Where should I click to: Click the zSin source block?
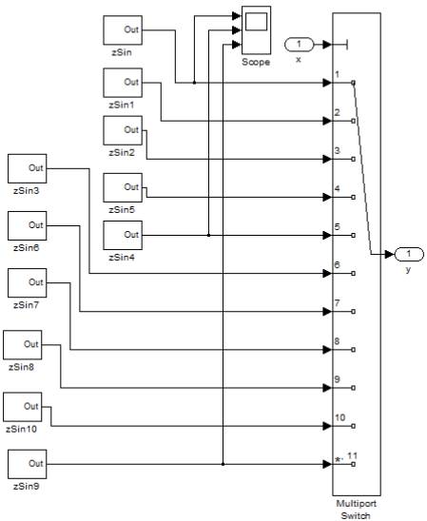123,29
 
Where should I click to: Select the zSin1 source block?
123,83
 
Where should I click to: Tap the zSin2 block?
123,129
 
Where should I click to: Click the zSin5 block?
123,187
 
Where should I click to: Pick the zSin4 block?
123,234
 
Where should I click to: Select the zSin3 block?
27,168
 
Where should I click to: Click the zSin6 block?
27,225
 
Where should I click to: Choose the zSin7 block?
27,282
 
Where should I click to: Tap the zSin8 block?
23,344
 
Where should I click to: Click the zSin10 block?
23,406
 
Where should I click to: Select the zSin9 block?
27,463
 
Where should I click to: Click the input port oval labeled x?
300,44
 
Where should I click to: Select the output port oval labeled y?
408,254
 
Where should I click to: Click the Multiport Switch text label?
357,508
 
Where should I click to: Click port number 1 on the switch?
339,75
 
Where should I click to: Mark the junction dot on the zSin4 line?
207,235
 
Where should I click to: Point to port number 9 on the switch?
339,380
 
